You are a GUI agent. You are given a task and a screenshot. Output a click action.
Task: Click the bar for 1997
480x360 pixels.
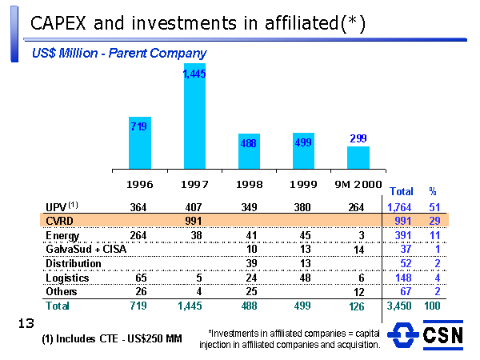tap(194, 115)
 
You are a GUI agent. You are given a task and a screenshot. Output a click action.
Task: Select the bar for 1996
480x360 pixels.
tap(140, 142)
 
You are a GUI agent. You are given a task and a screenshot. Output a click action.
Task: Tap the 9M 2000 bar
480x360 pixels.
tap(358, 158)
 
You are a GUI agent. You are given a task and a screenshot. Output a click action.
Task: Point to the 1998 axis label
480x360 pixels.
tap(249, 184)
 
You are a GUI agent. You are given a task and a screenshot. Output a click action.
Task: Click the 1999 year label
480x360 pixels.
tap(303, 184)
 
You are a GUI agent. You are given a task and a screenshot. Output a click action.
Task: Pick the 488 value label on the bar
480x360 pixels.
tap(249, 144)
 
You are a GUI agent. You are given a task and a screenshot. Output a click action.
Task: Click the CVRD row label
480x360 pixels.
tap(61, 220)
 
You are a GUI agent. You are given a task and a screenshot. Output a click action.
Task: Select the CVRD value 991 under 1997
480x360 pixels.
tap(194, 220)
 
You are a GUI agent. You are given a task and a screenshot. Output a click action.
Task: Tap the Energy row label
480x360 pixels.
tap(63, 235)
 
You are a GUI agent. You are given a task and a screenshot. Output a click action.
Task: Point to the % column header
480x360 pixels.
tap(433, 192)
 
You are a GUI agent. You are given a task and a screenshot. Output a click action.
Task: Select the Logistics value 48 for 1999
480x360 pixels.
tap(303, 278)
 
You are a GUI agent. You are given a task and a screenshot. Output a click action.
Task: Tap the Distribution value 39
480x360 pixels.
tap(250, 263)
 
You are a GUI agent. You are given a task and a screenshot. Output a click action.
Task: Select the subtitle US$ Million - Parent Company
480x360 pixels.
tap(119, 54)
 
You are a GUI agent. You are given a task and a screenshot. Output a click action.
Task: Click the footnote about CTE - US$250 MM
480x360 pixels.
tap(111, 339)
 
